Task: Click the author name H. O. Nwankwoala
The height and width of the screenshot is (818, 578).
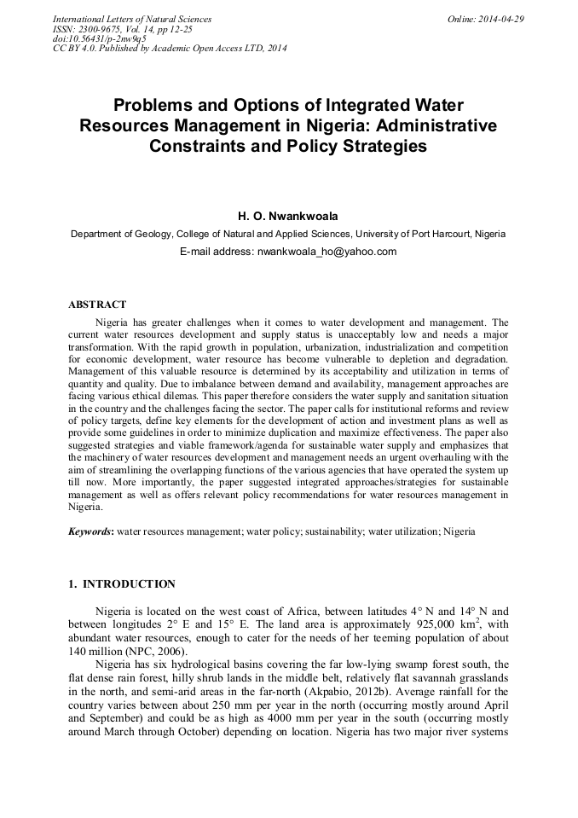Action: click(x=288, y=217)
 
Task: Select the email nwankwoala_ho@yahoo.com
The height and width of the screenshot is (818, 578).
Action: click(x=327, y=252)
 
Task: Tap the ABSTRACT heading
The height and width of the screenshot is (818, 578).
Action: click(x=97, y=305)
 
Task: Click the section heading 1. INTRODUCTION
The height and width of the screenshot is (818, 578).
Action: click(x=122, y=584)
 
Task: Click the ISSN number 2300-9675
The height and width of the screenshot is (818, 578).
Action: click(x=102, y=29)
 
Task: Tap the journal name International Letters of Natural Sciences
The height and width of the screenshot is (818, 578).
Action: click(x=132, y=19)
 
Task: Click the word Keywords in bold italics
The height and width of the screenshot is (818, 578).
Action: click(x=90, y=531)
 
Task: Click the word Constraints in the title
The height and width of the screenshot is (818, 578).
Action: click(x=199, y=146)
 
